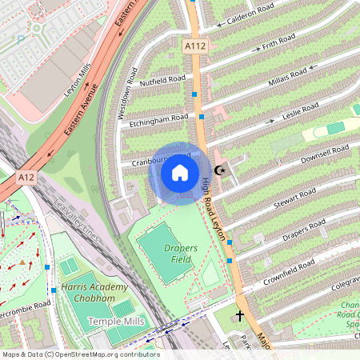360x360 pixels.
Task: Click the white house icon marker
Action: (180, 173)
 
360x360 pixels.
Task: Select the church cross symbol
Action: (240, 316)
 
